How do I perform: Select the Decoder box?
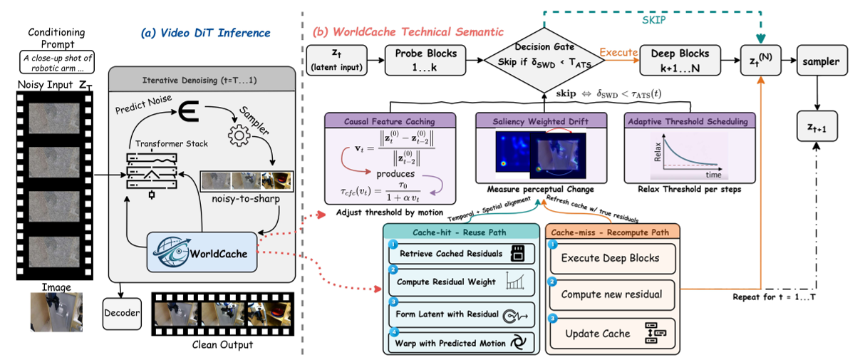(123, 313)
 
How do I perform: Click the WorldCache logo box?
(202, 251)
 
